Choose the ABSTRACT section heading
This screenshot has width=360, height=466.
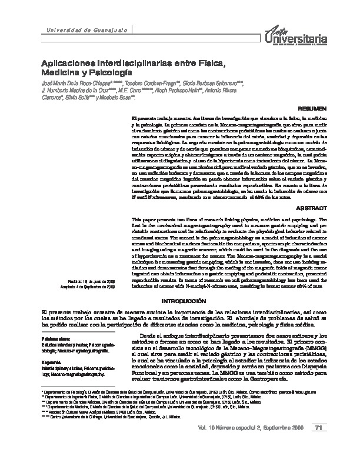click(308, 208)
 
